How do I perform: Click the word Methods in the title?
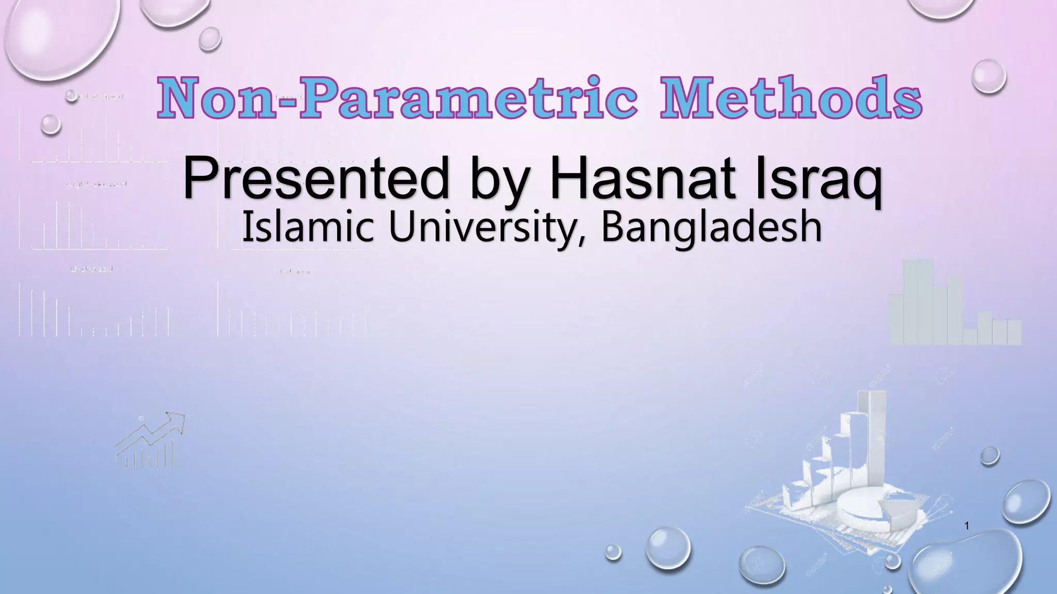tap(791, 98)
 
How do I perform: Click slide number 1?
tap(967, 526)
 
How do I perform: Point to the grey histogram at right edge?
tap(955, 304)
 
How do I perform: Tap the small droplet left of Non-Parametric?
tap(51, 124)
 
